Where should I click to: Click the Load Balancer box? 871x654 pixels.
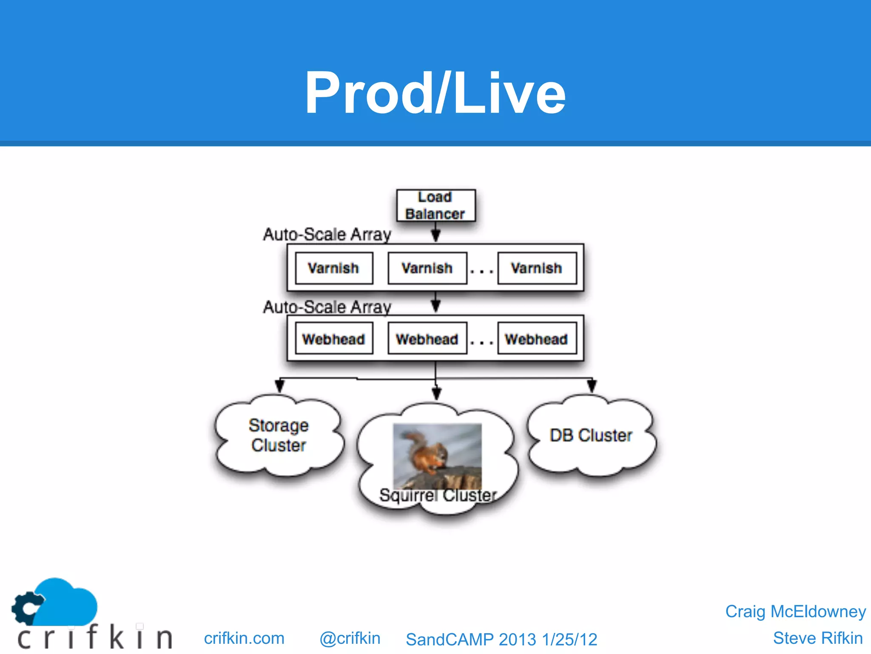(435, 205)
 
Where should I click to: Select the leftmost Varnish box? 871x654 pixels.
(334, 268)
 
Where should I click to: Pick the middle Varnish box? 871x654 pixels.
(427, 268)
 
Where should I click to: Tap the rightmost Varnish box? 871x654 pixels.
(537, 268)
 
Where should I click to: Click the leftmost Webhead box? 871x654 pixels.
(334, 339)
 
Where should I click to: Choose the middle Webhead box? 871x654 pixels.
(427, 339)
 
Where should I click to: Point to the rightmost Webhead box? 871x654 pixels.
(537, 339)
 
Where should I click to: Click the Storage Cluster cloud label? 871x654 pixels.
(279, 435)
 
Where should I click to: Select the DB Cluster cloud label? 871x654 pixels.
(591, 435)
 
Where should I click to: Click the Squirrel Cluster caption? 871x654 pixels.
(438, 495)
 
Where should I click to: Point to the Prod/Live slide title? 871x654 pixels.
(435, 93)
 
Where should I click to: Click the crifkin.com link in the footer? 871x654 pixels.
(244, 638)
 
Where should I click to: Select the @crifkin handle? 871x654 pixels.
(350, 638)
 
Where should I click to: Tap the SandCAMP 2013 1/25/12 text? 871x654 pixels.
(501, 640)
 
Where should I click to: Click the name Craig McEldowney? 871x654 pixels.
(795, 611)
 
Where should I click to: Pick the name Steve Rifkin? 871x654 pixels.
(817, 638)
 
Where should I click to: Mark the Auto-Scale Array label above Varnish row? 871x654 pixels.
(327, 234)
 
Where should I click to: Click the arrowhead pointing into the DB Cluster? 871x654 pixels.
(592, 386)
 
